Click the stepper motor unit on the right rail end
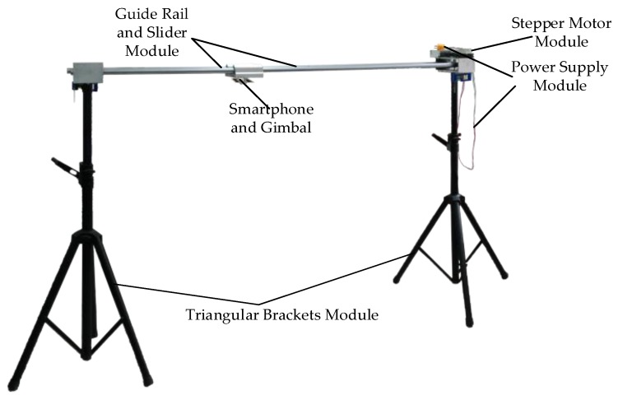pyautogui.click(x=451, y=58)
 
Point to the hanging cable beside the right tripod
pyautogui.click(x=476, y=123)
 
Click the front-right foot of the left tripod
pyautogui.click(x=148, y=382)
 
